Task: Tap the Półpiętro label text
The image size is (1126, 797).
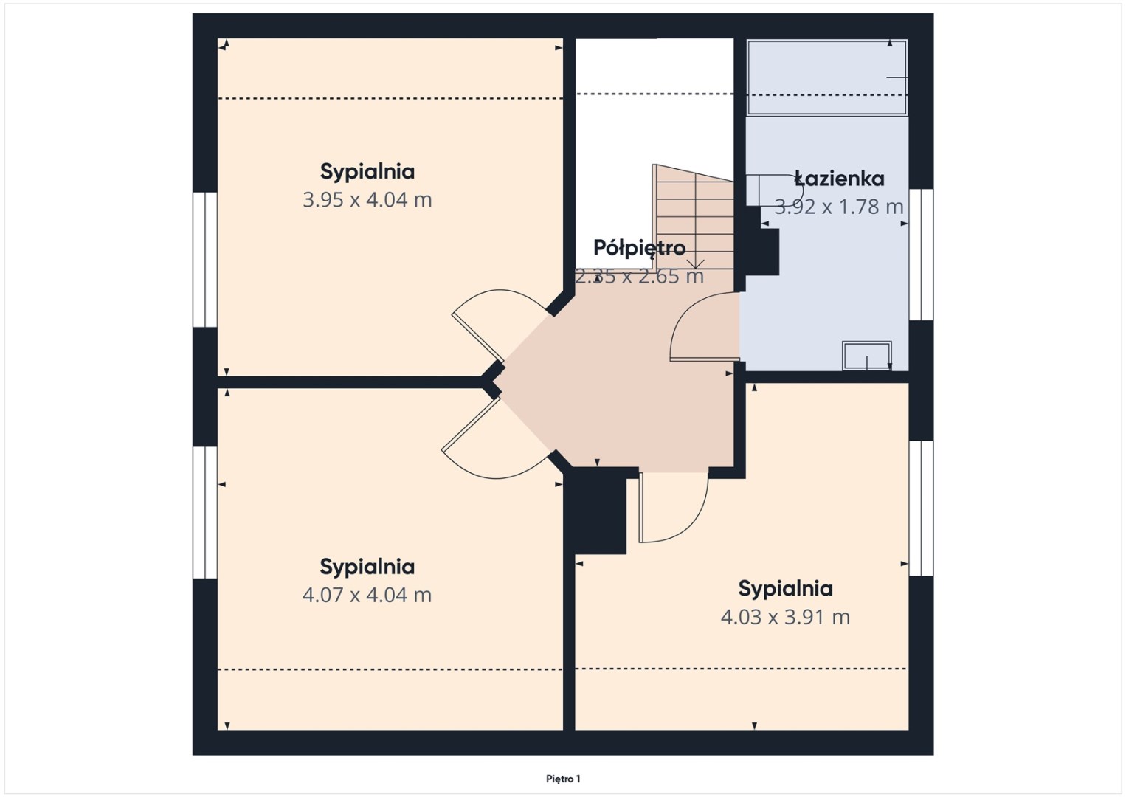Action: click(x=640, y=248)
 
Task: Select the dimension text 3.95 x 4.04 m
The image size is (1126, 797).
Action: click(x=367, y=200)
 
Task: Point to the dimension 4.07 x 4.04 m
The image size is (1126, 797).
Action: click(x=367, y=595)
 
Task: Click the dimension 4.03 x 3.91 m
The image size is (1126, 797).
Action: click(x=785, y=617)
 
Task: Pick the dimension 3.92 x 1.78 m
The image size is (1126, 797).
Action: click(x=838, y=207)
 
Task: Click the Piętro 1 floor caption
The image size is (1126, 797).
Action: click(x=563, y=779)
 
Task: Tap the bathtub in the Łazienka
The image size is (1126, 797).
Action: click(x=827, y=77)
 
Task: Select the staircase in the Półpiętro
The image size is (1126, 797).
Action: click(x=693, y=217)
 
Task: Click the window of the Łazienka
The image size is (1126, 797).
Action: click(x=921, y=255)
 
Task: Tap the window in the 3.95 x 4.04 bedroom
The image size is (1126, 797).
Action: click(x=205, y=260)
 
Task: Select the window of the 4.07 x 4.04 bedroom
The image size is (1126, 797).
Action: click(x=205, y=512)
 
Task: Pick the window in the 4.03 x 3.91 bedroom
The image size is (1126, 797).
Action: click(x=921, y=508)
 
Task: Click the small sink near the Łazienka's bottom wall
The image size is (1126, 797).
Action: click(x=867, y=356)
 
